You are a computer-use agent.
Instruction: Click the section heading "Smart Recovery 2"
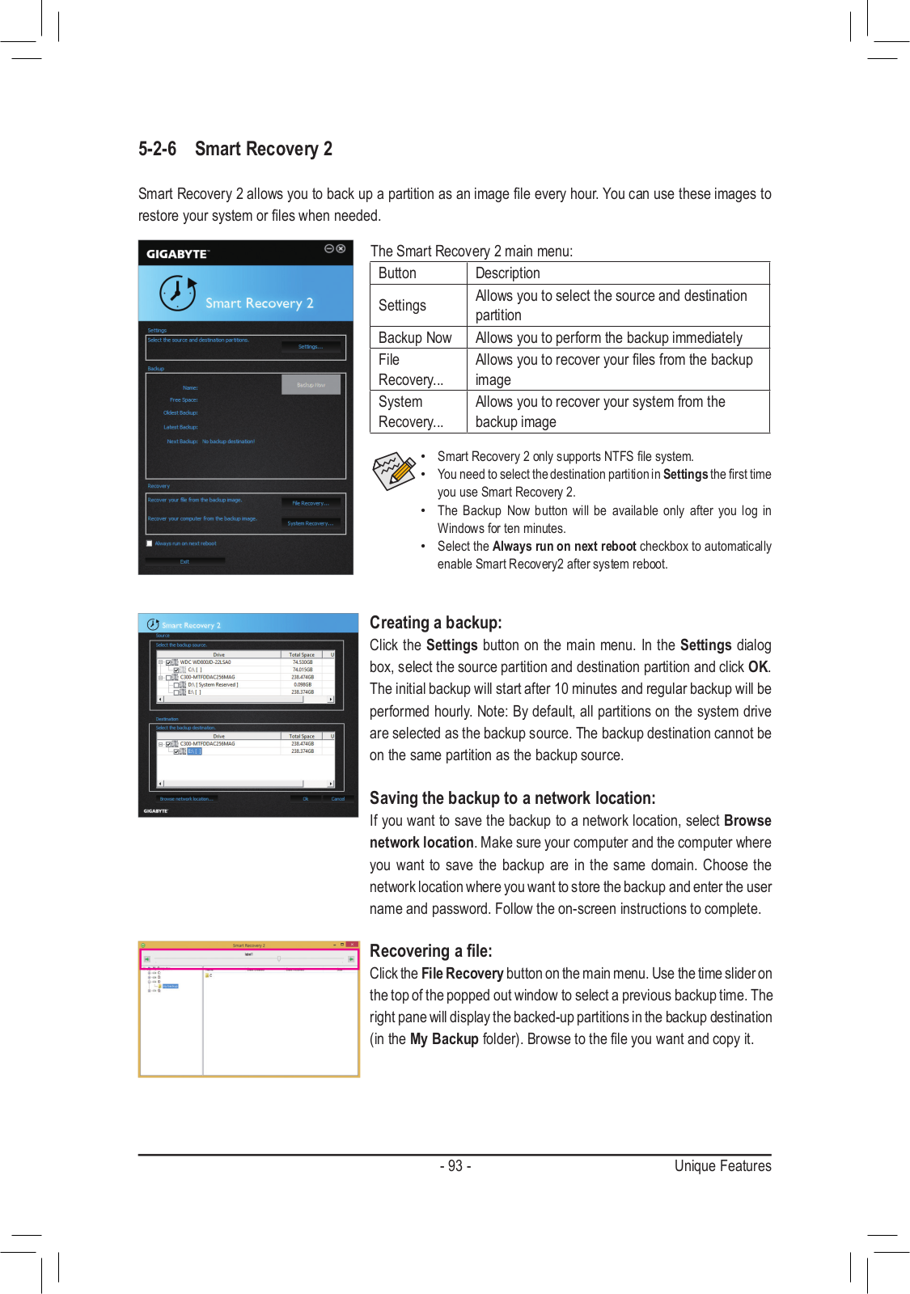(263, 149)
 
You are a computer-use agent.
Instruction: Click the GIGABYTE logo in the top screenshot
(177, 254)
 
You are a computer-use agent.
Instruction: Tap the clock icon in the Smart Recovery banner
(178, 293)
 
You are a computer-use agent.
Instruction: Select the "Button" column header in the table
(397, 273)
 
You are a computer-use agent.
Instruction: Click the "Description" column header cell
(507, 273)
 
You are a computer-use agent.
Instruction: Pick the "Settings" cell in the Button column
(402, 306)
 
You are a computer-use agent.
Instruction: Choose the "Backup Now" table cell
(415, 338)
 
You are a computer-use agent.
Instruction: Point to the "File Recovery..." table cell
(410, 370)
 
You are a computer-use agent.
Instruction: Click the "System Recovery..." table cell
(410, 412)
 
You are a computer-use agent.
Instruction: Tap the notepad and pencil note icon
(393, 471)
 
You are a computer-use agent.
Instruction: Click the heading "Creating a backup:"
(435, 623)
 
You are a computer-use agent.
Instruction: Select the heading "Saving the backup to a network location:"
(512, 798)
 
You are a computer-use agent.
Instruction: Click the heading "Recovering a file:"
(430, 951)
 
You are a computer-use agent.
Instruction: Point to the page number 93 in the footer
(455, 1166)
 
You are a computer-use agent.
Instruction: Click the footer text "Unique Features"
(722, 1166)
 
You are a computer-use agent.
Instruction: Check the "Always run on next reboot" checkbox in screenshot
(150, 543)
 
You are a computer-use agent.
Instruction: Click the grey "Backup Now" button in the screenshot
(311, 385)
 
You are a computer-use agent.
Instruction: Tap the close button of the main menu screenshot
(341, 249)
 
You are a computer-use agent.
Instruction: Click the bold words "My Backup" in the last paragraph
(444, 1039)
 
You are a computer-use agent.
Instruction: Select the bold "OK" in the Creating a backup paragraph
(758, 667)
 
